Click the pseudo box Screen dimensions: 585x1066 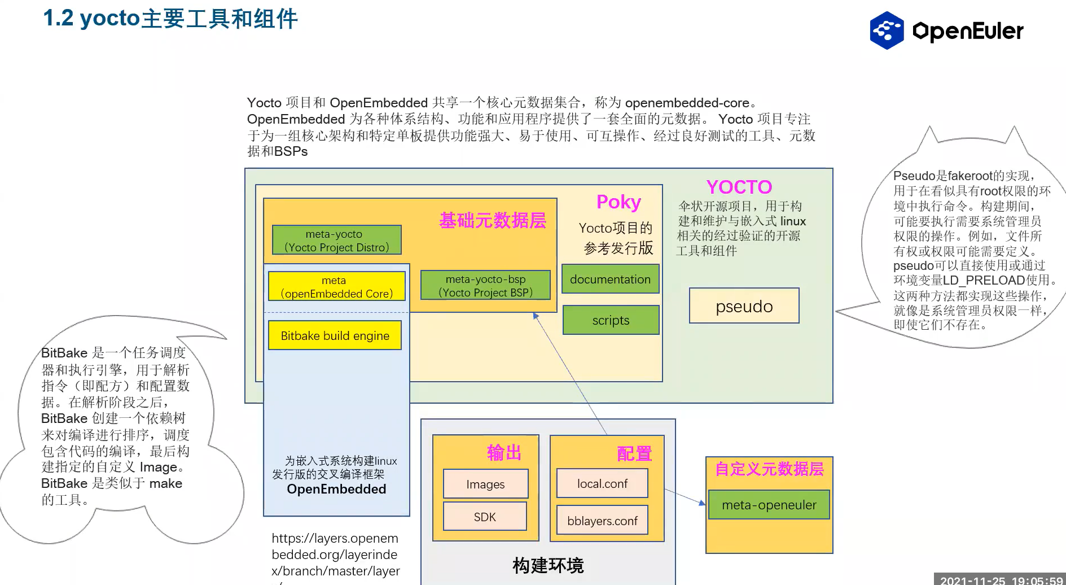(744, 305)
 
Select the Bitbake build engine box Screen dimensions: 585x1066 (335, 335)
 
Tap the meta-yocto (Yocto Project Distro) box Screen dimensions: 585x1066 (336, 241)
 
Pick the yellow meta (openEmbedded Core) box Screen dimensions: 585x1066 (336, 287)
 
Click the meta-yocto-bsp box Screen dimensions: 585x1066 (485, 286)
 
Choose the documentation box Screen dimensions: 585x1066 (610, 279)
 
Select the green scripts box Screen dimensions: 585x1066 (611, 320)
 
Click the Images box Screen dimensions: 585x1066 (485, 484)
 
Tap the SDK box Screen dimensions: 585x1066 (485, 517)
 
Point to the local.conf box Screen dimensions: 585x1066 (602, 483)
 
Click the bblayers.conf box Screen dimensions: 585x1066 (602, 521)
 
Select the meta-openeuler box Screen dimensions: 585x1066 (769, 505)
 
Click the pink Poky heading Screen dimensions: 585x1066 (618, 202)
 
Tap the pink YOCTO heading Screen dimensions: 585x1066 (739, 187)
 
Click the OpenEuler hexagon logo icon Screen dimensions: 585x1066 (887, 30)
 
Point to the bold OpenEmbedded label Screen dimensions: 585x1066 (336, 489)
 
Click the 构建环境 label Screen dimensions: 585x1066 (547, 565)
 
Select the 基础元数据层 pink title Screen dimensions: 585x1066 (492, 220)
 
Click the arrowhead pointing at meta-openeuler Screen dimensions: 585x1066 (703, 503)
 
